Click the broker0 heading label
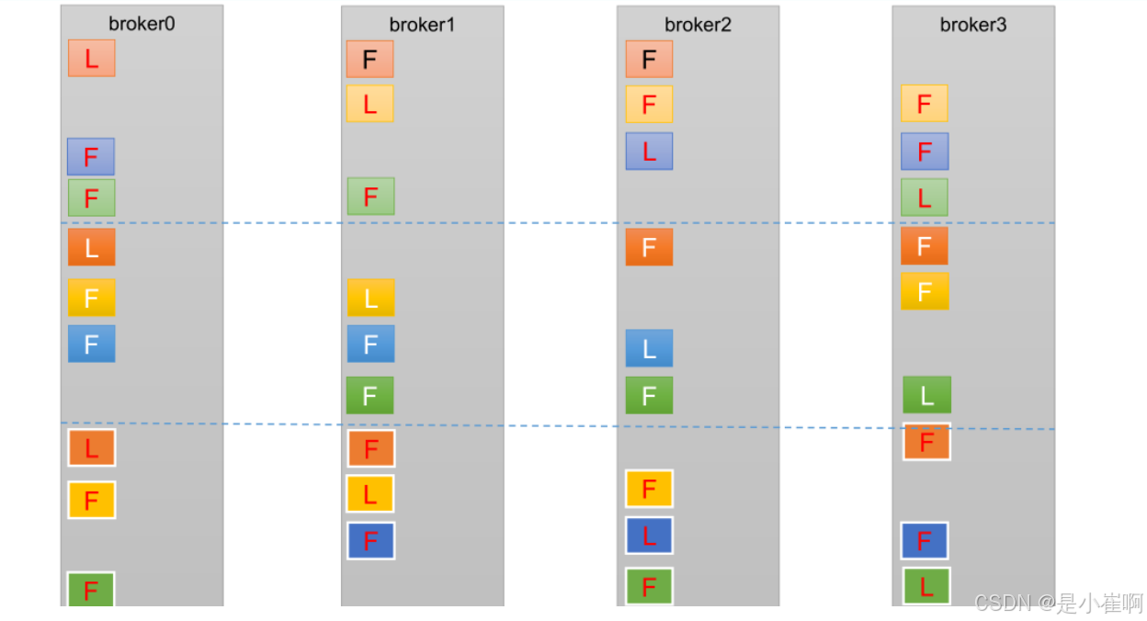(142, 24)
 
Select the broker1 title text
(422, 25)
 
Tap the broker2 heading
(698, 25)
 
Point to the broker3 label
(973, 25)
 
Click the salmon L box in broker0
(91, 58)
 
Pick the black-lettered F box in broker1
(369, 59)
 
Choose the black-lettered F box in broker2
(649, 59)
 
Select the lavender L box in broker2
(649, 151)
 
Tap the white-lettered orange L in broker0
(91, 247)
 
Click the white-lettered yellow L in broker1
(370, 298)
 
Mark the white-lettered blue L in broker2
(649, 348)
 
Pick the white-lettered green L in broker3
(926, 395)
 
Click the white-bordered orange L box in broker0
(91, 448)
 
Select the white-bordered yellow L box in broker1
(369, 494)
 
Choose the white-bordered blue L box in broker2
(649, 536)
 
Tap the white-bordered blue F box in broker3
(925, 541)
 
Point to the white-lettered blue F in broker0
(91, 344)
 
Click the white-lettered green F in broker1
(369, 395)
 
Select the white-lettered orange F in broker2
(649, 247)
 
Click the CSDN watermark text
(1058, 603)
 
